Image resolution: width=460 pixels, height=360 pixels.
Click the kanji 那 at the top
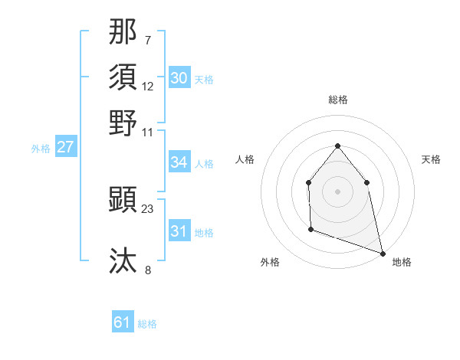(123, 31)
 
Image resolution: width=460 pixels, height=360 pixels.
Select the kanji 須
(123, 77)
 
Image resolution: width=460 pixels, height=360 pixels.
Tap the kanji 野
(123, 122)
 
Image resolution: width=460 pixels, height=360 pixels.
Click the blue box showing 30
(179, 78)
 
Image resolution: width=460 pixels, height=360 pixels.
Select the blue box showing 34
(179, 162)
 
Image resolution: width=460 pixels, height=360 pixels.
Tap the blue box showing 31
(179, 231)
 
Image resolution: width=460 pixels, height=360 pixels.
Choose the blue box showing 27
(65, 147)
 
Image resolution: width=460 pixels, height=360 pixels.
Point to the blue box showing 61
(123, 322)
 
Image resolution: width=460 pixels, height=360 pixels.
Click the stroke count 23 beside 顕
(148, 208)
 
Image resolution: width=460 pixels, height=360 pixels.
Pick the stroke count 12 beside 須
(148, 86)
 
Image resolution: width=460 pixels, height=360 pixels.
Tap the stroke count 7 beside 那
(148, 39)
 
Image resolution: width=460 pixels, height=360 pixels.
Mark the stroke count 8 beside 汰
(148, 269)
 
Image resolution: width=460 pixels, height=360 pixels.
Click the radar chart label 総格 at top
(337, 100)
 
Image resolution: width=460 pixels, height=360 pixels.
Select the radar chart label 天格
(431, 159)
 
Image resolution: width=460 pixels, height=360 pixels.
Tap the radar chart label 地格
(402, 262)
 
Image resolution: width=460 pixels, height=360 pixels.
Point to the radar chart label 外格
(270, 262)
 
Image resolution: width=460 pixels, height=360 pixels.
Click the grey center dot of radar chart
(337, 191)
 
